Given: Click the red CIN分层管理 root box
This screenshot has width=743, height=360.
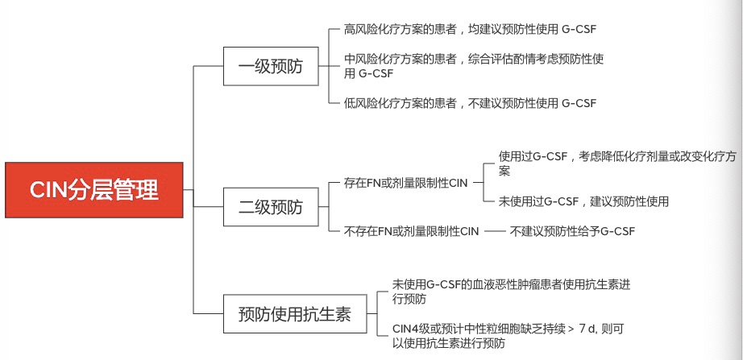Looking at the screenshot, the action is click(x=93, y=189).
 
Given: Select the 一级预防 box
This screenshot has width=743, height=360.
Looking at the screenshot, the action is click(x=271, y=66).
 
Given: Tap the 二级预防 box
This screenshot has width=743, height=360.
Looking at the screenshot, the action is click(x=271, y=207).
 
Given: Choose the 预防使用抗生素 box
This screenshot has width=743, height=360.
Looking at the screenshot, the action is click(x=295, y=313).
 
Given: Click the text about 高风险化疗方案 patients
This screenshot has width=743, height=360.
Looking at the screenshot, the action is click(x=470, y=29).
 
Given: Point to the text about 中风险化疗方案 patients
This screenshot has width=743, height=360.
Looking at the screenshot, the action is click(x=474, y=66).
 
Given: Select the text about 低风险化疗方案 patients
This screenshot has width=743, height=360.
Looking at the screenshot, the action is click(x=470, y=103).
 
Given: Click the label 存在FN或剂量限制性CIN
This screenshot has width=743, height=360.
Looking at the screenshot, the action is click(x=405, y=184).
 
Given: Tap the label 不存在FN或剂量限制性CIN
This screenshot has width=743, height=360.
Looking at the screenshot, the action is click(x=411, y=231).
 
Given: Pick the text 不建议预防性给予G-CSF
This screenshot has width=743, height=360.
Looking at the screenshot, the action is click(x=572, y=231).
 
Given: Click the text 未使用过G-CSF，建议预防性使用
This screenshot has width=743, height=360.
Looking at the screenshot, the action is click(x=583, y=201).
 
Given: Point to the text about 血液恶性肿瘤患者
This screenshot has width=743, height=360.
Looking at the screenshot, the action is click(x=511, y=292).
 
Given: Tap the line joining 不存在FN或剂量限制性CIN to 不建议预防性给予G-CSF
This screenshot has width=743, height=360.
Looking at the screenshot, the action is click(x=494, y=231).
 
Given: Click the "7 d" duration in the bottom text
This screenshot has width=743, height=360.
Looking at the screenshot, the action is click(x=587, y=329).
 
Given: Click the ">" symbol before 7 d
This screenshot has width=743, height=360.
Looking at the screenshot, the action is click(x=570, y=329).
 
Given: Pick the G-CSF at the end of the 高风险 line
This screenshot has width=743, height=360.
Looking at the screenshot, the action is click(x=579, y=29).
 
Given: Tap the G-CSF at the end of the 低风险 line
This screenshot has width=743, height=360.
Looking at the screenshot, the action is click(x=579, y=103).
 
